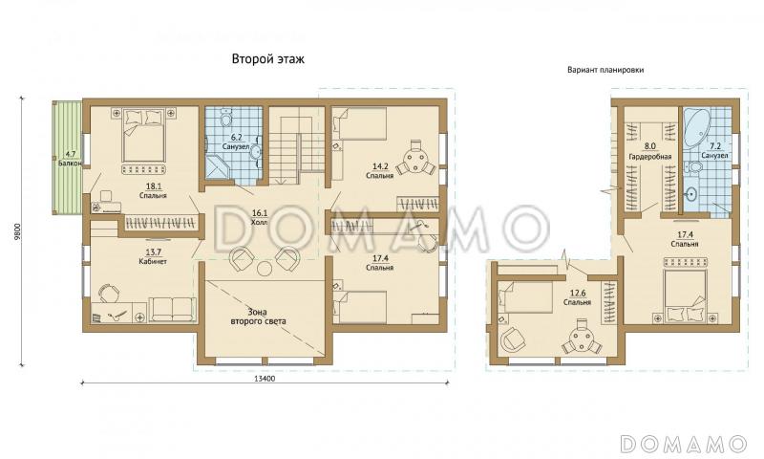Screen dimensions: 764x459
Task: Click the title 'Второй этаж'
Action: click(x=268, y=59)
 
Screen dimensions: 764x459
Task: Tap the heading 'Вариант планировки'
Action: click(x=605, y=70)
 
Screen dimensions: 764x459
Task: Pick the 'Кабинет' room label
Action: click(x=153, y=261)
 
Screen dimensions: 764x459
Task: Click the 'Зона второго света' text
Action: click(x=258, y=317)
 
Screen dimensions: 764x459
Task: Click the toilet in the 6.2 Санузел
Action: click(x=226, y=117)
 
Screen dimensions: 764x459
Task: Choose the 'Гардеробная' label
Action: click(x=650, y=157)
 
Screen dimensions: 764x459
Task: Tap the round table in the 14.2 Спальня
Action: click(x=415, y=157)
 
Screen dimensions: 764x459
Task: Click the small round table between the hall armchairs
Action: click(x=265, y=268)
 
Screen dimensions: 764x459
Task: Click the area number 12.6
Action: click(x=578, y=294)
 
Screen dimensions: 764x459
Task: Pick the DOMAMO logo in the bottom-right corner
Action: click(x=683, y=444)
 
